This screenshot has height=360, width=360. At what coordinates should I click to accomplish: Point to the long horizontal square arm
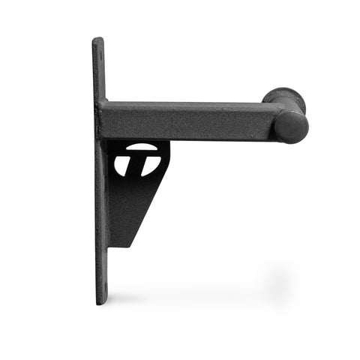pyautogui.click(x=187, y=120)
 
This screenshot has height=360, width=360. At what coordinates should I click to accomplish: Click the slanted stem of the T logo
pyautogui.click(x=142, y=166)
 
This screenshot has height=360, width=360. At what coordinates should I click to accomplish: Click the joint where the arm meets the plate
pyautogui.click(x=105, y=120)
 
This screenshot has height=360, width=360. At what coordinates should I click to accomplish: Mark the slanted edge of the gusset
pyautogui.click(x=146, y=210)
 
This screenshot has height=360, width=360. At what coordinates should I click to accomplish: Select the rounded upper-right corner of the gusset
pyautogui.click(x=166, y=145)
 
